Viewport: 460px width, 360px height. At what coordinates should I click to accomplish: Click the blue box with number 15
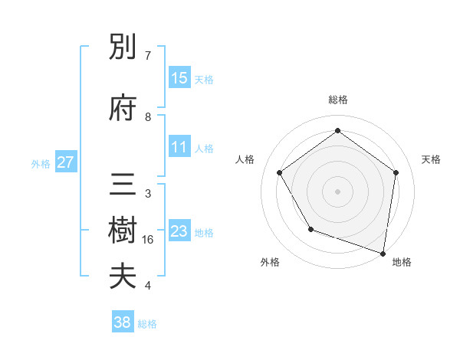pos(179,78)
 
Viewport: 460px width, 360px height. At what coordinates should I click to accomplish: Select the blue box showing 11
pos(179,147)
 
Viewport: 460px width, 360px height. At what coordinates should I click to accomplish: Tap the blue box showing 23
pos(179,231)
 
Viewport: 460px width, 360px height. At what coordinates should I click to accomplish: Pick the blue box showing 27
pos(65,162)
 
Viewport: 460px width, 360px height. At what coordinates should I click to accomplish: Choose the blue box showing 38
pos(123,322)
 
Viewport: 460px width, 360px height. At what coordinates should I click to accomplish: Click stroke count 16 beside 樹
pos(148,240)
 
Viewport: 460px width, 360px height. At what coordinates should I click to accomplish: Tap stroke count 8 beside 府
pos(147,116)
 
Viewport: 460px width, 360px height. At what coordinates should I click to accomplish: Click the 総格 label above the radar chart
pos(337,100)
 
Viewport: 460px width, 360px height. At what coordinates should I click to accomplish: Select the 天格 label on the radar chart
pos(431,159)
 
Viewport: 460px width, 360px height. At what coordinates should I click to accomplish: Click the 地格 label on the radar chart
pos(402,262)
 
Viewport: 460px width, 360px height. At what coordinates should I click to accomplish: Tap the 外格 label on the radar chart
pos(270,262)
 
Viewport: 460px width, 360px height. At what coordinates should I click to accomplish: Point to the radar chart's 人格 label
pos(245,159)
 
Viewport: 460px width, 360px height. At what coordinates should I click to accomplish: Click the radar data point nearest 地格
pos(383,253)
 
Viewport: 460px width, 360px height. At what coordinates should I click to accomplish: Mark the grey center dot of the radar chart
pos(337,191)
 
